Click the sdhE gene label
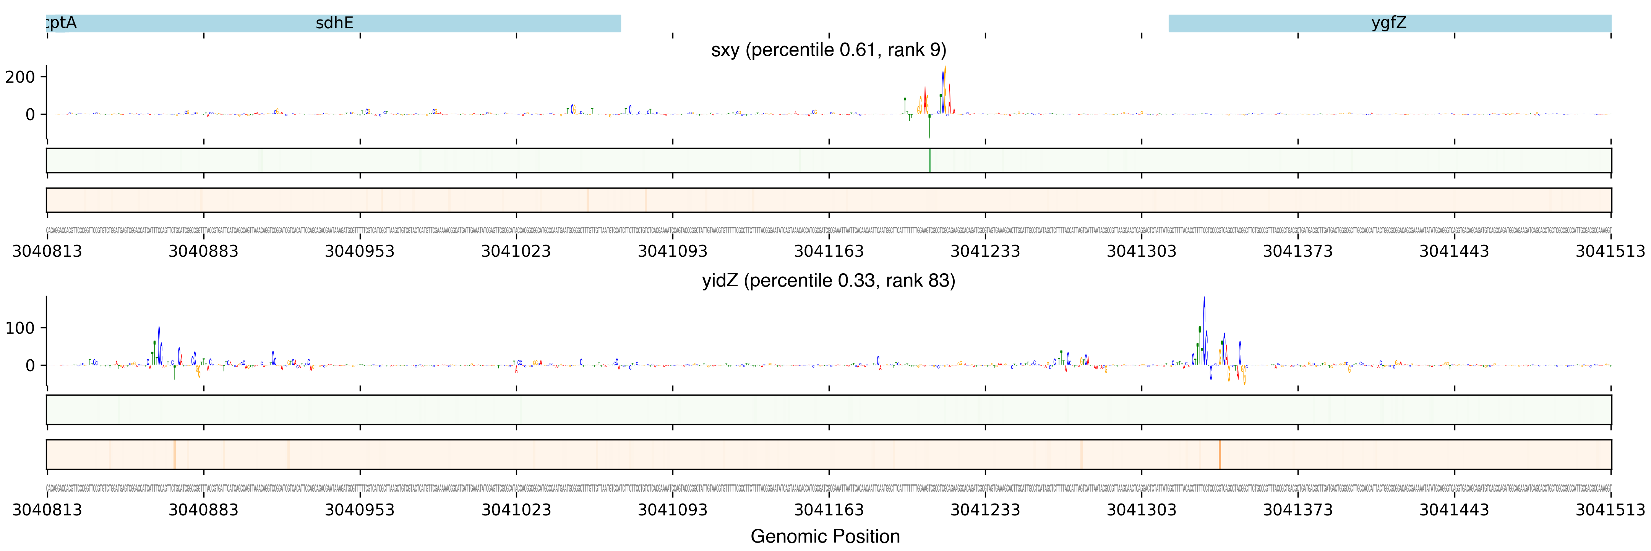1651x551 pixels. click(x=334, y=23)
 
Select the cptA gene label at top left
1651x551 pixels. click(x=62, y=23)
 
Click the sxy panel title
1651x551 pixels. click(x=828, y=50)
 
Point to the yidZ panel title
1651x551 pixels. click(x=828, y=281)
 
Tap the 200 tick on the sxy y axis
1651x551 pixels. click(x=20, y=77)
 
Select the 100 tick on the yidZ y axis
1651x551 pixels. click(x=20, y=328)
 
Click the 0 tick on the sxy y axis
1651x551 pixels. click(x=29, y=115)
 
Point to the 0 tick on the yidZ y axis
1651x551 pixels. click(x=29, y=366)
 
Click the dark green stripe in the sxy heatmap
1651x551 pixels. click(x=929, y=160)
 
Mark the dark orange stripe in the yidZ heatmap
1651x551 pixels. click(x=1219, y=454)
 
